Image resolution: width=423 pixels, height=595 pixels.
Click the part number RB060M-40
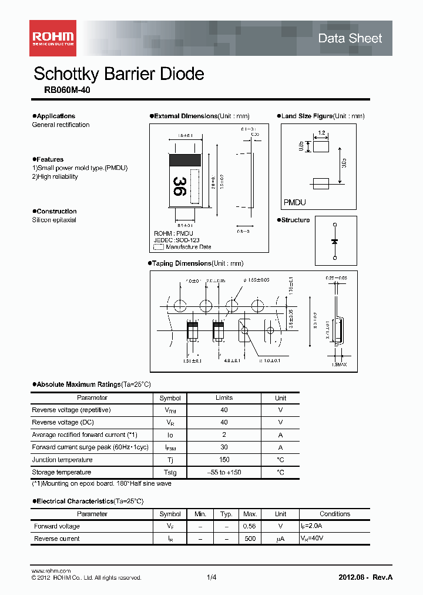(67, 91)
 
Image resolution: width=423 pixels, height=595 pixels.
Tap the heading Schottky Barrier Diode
(119, 74)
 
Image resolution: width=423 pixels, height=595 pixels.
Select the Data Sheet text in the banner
(350, 39)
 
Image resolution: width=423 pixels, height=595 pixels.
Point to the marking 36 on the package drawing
(179, 186)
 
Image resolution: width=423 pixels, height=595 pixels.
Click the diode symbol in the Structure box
(335, 242)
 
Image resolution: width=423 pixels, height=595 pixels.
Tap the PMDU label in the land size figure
(295, 202)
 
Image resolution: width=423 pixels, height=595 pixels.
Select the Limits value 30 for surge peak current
(224, 447)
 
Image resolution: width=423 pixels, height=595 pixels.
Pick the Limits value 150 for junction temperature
(224, 460)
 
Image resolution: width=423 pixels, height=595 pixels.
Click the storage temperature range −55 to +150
(224, 472)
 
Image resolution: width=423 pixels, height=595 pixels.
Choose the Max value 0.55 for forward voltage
(250, 526)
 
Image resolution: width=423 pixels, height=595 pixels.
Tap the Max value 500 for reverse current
(250, 539)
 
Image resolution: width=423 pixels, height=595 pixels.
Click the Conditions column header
(335, 514)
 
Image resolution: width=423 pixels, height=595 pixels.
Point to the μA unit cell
(280, 539)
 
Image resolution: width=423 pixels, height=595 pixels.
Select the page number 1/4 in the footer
(211, 577)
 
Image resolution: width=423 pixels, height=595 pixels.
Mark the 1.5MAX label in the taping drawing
(338, 365)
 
